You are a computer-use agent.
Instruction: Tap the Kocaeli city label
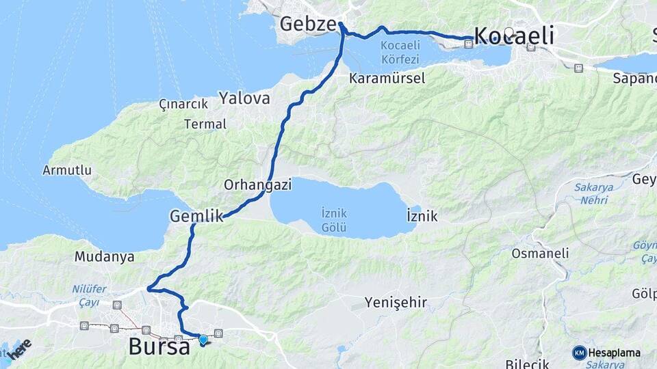[x=514, y=36]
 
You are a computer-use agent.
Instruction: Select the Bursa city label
[x=159, y=346]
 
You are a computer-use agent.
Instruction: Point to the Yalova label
[x=244, y=98]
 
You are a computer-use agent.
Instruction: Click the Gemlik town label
[x=196, y=217]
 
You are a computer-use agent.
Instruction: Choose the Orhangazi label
[x=258, y=184]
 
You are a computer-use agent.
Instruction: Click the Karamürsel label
[x=387, y=79]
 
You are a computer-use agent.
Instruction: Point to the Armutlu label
[x=67, y=170]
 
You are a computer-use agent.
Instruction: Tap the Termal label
[x=205, y=124]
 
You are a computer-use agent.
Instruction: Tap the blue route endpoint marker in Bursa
[x=203, y=340]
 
